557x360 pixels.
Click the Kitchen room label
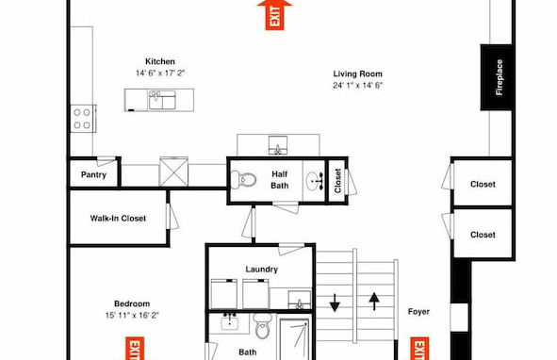159,61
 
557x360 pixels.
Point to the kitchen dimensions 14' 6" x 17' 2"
159,73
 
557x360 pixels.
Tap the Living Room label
356,74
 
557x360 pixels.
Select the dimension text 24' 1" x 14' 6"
356,85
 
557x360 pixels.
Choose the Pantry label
93,174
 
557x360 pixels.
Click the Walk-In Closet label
118,219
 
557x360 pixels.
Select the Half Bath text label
280,179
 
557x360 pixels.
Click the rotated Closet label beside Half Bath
337,181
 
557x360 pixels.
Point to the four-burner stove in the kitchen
83,118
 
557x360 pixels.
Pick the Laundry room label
261,270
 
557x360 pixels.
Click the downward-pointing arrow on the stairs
335,303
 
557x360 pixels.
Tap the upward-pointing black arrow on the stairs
374,302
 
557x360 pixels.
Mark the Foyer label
419,312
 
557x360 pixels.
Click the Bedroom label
132,303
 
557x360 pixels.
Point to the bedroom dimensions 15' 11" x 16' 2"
132,315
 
